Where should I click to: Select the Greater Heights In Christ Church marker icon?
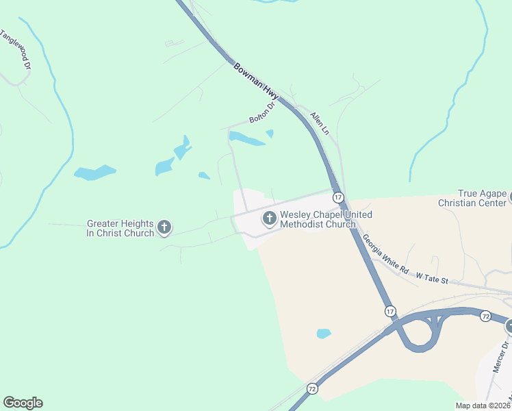pos(164,227)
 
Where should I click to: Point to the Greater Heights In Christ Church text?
pos(120,227)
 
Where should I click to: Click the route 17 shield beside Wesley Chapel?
pos(339,197)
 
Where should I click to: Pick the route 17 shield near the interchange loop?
pos(390,311)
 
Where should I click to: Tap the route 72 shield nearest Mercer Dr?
pos(485,316)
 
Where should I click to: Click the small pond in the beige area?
pos(324,334)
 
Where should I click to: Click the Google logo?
pos(23,403)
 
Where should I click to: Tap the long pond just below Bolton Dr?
pos(247,139)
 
